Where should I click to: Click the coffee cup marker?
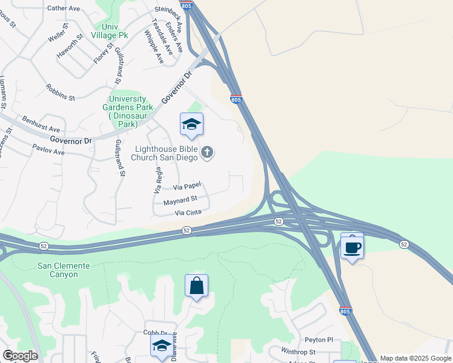click(352, 247)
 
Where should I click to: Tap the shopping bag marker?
click(197, 286)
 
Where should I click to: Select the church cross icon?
click(207, 152)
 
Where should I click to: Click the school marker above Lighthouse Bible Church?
click(191, 125)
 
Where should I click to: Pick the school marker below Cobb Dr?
click(162, 346)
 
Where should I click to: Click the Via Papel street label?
click(186, 188)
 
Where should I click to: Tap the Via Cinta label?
click(188, 213)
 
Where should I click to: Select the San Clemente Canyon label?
click(64, 270)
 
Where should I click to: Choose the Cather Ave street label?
click(64, 8)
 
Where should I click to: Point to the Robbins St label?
click(60, 92)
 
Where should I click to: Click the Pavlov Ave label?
click(48, 149)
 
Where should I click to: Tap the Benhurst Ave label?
click(41, 125)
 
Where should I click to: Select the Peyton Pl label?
click(320, 340)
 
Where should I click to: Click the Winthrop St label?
click(299, 352)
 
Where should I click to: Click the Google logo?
click(20, 356)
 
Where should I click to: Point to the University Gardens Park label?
click(127, 107)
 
